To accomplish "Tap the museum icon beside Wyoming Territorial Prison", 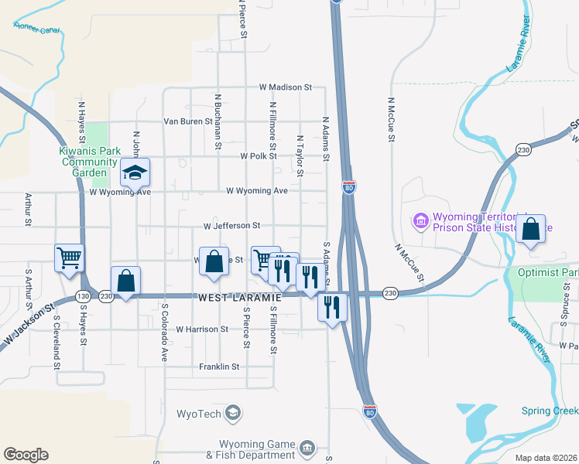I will (x=421, y=222).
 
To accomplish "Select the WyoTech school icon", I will (x=231, y=413).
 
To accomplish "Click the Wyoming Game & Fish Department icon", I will (x=307, y=449).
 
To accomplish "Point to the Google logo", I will (x=26, y=455).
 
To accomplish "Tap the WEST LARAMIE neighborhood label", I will (x=237, y=298).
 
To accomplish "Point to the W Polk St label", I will (x=258, y=155).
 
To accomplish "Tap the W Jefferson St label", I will (x=231, y=226).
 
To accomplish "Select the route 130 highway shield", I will (x=83, y=295).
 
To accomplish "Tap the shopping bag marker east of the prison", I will (x=530, y=230).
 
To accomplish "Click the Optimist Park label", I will (x=558, y=273).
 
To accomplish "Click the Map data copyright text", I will (x=546, y=458).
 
